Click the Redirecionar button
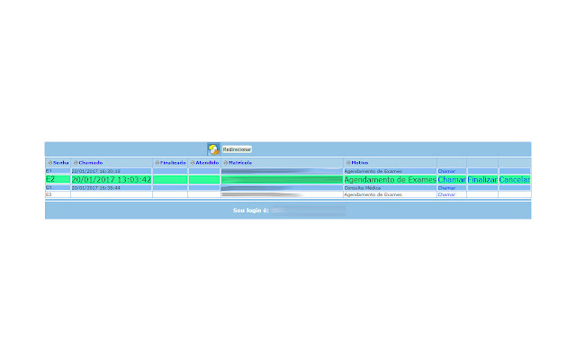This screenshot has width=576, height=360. tap(238, 148)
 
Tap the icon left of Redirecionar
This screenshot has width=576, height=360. tap(213, 148)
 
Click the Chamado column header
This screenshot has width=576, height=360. tap(91, 163)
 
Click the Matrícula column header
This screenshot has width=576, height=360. tap(240, 163)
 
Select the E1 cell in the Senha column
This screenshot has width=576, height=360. tap(49, 171)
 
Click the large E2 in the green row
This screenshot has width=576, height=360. tap(50, 180)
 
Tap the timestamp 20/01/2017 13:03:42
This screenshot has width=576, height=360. tap(112, 180)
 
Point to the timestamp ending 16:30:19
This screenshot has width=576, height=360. tap(96, 171)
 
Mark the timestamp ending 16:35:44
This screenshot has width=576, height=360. tap(96, 188)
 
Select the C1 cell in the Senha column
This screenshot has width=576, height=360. tap(49, 188)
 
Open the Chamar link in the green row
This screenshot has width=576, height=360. tap(452, 180)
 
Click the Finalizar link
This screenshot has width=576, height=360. tap(482, 180)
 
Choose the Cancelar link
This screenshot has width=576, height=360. tap(515, 180)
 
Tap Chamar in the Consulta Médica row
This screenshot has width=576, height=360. tap(446, 188)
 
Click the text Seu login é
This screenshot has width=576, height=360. tap(251, 210)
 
